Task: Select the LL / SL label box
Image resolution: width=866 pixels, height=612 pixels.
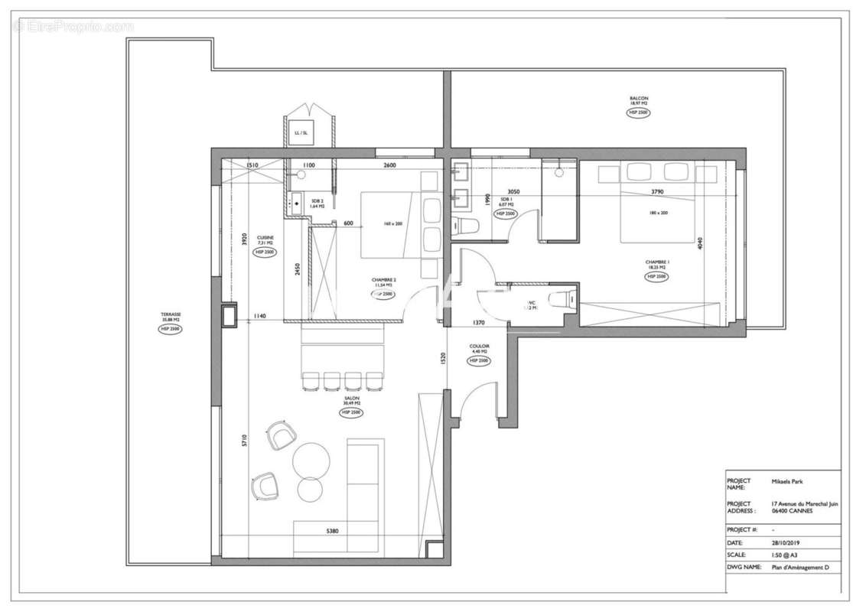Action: pos(301,133)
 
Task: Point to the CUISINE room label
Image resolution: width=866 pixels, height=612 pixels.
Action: pos(265,239)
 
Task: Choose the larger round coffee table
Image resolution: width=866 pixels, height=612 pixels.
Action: pos(312,459)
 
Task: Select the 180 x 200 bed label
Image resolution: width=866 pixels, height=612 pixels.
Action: pos(658,213)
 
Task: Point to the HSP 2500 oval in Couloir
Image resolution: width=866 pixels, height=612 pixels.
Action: pos(479,360)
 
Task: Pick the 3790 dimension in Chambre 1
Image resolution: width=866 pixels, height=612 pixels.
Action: pos(657,192)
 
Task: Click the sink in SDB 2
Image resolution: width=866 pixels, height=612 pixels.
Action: pos(296,203)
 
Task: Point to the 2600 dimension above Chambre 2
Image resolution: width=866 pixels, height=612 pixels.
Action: pos(389,166)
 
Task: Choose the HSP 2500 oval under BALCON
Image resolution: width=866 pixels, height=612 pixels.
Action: pos(639,112)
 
